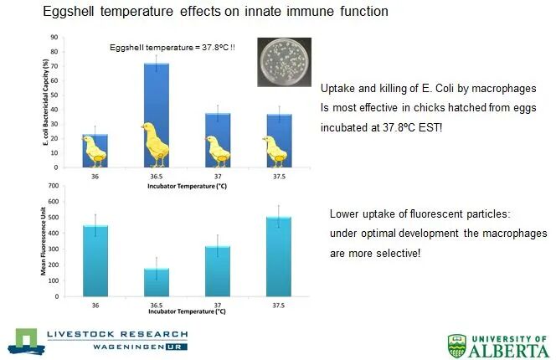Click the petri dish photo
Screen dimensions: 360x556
pyautogui.click(x=282, y=61)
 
